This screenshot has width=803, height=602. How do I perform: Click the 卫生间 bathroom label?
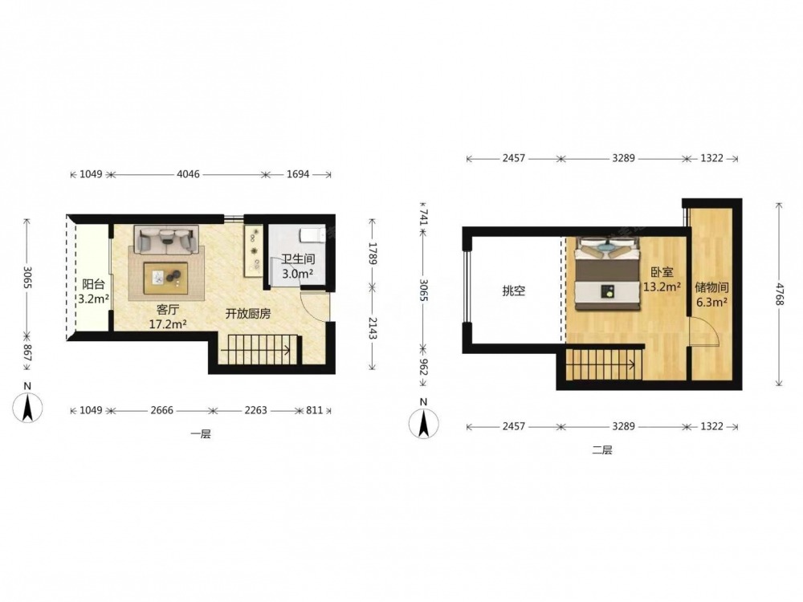coord(298,259)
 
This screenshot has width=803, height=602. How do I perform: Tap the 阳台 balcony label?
coord(93,285)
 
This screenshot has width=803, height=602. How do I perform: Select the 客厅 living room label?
coord(168,310)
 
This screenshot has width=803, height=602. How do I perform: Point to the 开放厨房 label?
coord(248,314)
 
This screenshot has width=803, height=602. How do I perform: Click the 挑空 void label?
coord(514,291)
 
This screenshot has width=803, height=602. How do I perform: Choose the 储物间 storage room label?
coord(711,287)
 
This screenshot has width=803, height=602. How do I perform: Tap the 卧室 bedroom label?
coord(662,273)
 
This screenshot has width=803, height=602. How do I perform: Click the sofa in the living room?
coord(166,239)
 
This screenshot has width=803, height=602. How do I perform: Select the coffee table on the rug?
coord(165,278)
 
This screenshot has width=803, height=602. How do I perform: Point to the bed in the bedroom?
coord(608,274)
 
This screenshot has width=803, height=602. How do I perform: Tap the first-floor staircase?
coord(259,350)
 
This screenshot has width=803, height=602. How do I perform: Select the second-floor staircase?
coord(605,364)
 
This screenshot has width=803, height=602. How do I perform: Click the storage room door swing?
coord(705,333)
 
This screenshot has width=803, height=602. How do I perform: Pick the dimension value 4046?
coord(188,174)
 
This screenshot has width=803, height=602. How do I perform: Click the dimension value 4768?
coord(779,295)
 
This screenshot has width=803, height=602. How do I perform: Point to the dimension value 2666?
coord(162,410)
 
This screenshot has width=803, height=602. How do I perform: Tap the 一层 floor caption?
coord(201,434)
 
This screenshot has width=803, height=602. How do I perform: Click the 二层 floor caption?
coord(602,450)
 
